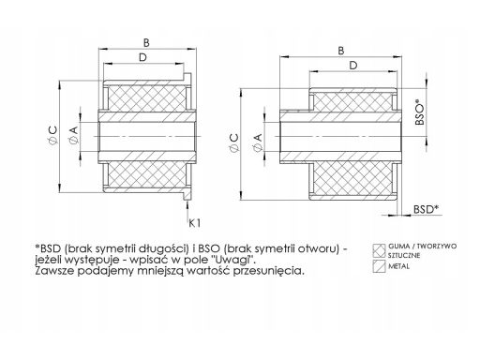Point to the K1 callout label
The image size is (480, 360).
point(193,222)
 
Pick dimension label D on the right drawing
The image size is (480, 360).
point(352,66)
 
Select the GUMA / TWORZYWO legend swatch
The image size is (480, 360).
point(381,249)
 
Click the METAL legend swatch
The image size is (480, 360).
point(381,266)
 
